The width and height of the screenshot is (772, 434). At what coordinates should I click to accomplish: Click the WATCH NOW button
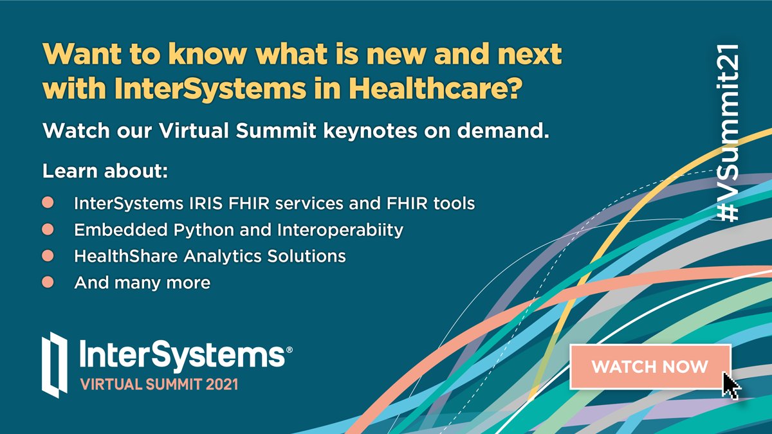coord(650,366)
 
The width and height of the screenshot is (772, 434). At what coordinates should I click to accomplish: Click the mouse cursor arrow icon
coord(731,384)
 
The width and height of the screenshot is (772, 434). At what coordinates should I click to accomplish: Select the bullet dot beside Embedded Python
coord(48,230)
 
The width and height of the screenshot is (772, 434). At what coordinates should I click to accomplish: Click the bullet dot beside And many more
coord(48,282)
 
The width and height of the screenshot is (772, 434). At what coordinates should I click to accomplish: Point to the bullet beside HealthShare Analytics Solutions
coord(48,256)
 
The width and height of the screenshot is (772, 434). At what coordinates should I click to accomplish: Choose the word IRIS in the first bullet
coord(207,204)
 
